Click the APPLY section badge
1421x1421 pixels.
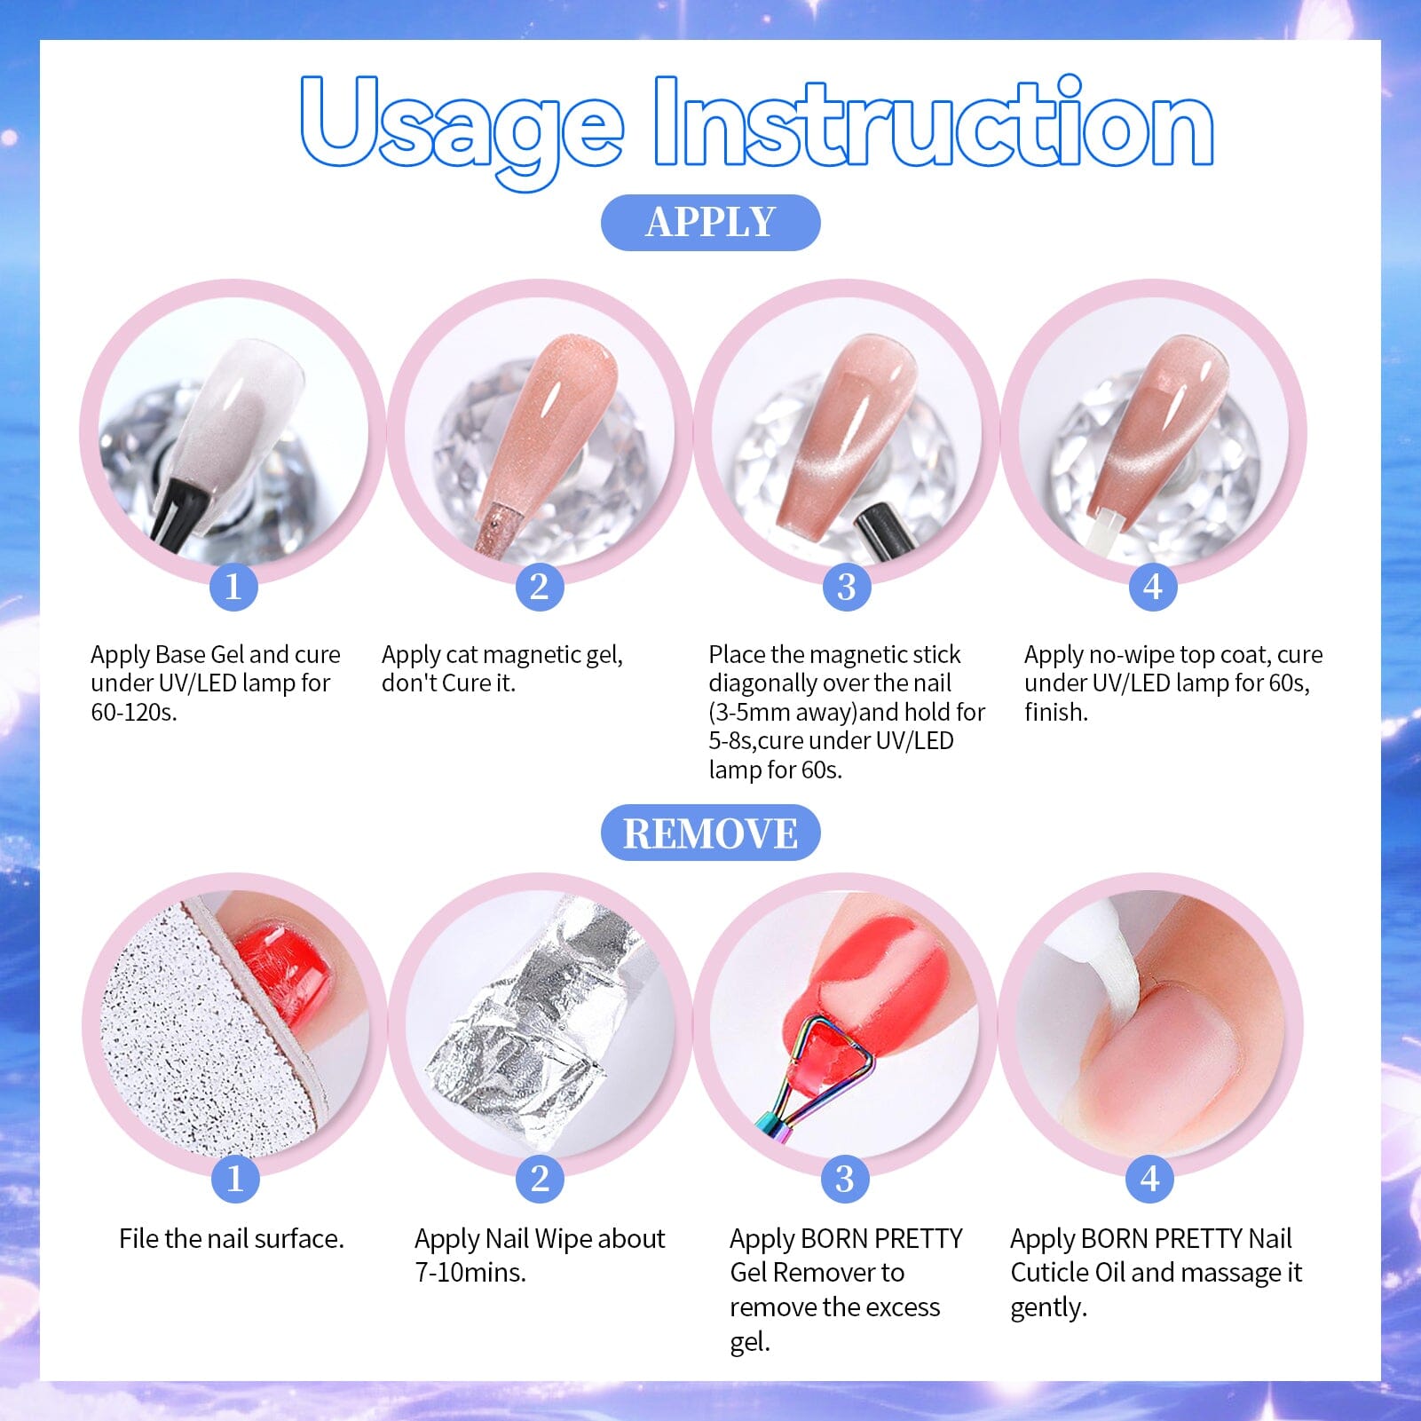point(710,223)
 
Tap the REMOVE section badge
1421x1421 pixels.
point(710,833)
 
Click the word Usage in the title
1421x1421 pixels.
point(462,124)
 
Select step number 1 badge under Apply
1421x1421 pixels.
point(233,587)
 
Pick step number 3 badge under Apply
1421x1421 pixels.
point(847,587)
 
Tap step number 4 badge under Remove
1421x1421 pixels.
point(1150,1179)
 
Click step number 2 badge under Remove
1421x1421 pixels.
point(540,1179)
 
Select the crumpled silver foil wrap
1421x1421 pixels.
point(533,1030)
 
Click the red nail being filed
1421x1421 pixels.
point(284,972)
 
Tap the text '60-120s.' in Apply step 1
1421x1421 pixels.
point(134,713)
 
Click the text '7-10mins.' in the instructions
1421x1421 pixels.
point(470,1273)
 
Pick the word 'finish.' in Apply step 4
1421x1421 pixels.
point(1055,713)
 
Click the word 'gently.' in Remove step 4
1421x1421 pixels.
point(1048,1307)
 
